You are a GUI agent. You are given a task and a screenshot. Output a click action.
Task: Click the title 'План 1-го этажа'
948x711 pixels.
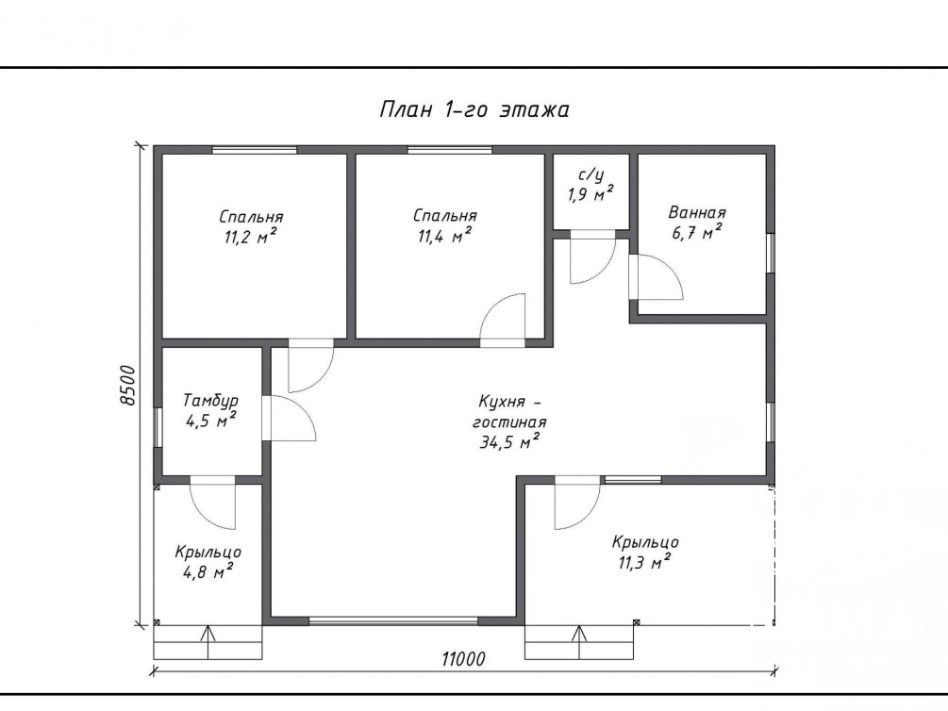pyautogui.click(x=474, y=110)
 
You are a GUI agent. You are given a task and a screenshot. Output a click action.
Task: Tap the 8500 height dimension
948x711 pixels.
pyautogui.click(x=127, y=386)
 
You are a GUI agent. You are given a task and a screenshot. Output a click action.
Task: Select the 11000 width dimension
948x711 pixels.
pyautogui.click(x=463, y=658)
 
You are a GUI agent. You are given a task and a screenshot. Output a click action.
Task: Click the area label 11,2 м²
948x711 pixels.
pyautogui.click(x=250, y=237)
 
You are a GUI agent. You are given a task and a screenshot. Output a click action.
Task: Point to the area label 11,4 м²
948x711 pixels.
pyautogui.click(x=444, y=235)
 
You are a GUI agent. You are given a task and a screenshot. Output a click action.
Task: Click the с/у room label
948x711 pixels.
pyautogui.click(x=590, y=175)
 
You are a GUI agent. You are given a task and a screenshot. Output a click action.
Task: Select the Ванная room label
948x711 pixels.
pyautogui.click(x=697, y=213)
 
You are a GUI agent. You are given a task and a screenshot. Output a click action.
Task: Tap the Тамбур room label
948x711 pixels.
pyautogui.click(x=211, y=400)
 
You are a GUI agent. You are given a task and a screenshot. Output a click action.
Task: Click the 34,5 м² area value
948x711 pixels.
pyautogui.click(x=509, y=442)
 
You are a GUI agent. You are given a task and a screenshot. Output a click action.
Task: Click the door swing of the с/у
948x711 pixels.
pyautogui.click(x=593, y=260)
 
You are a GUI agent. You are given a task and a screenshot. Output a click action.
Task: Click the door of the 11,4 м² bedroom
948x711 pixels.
pyautogui.click(x=503, y=321)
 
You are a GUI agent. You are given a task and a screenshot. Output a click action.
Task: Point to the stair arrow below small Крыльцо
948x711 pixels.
pyautogui.click(x=208, y=642)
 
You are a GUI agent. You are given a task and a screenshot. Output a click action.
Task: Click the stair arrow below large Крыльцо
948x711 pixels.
pyautogui.click(x=580, y=642)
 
